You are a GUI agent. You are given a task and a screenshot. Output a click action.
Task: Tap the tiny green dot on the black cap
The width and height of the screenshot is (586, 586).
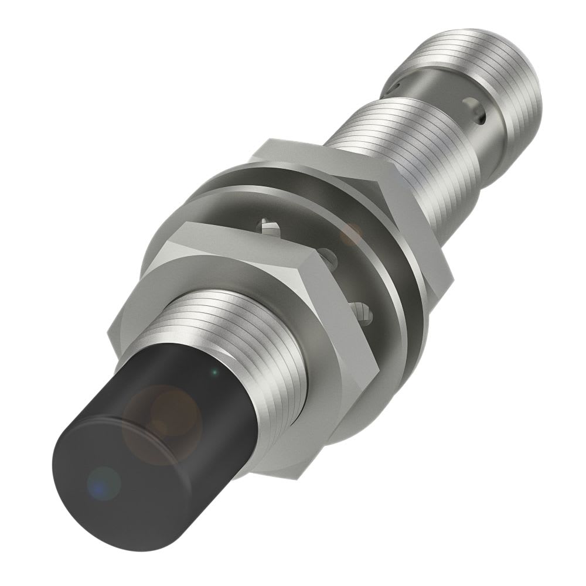(x=215, y=371)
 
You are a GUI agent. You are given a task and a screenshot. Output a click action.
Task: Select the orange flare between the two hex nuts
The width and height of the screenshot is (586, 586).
(x=352, y=233)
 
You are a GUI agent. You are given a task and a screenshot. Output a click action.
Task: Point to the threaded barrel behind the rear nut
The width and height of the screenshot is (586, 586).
(x=398, y=146)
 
